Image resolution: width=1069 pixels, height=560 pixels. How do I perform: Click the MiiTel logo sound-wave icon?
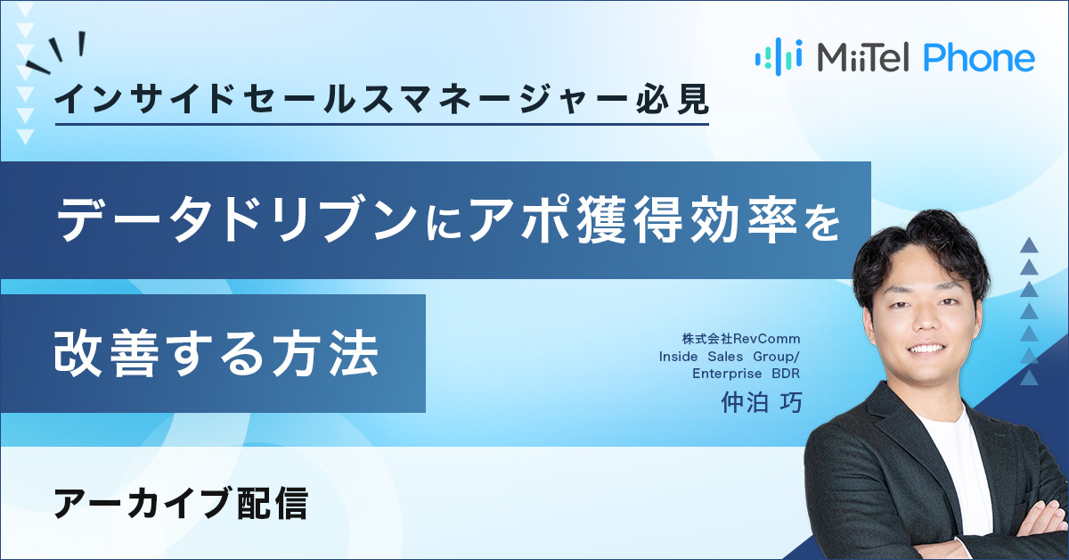(778, 55)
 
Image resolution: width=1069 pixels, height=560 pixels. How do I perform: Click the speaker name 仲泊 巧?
(762, 402)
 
